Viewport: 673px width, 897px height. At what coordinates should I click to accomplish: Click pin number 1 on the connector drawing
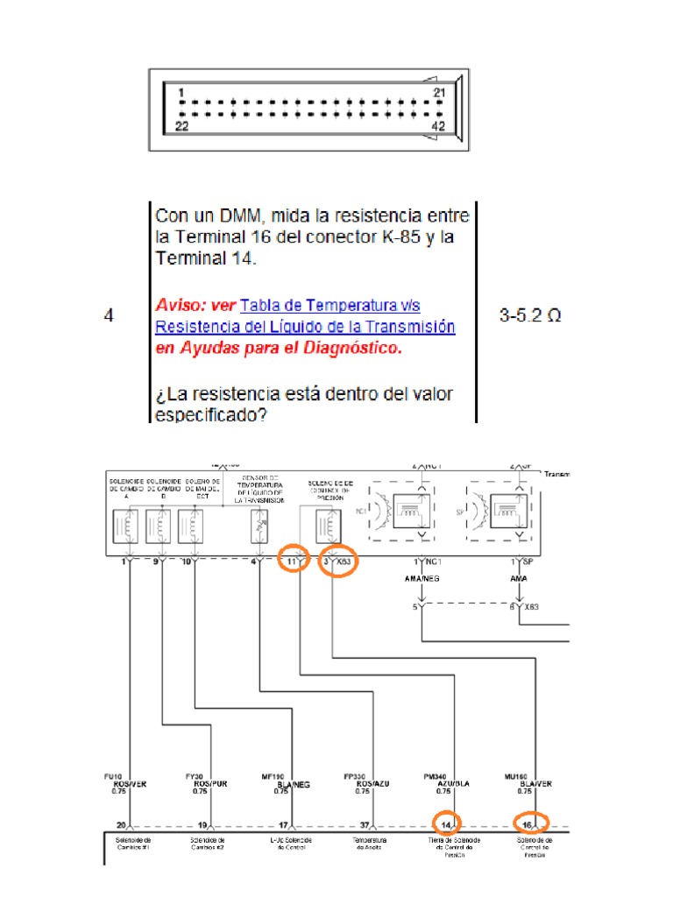coord(181,92)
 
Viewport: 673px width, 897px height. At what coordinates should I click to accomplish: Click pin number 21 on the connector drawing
coord(441,92)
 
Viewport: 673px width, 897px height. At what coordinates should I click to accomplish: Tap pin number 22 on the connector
coord(182,126)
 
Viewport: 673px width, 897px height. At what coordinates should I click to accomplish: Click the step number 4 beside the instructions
coord(109,316)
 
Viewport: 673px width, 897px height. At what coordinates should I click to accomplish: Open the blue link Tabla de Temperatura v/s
coord(329,305)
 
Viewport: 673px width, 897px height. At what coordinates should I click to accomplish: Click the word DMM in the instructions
coord(245,215)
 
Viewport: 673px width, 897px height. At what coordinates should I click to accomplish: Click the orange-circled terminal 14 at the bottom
coord(447,823)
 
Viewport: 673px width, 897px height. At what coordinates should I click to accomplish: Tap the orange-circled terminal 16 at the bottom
coord(530,823)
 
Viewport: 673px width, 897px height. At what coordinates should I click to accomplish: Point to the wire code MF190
coord(273,775)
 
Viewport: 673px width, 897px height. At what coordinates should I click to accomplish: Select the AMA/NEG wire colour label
coord(422,579)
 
